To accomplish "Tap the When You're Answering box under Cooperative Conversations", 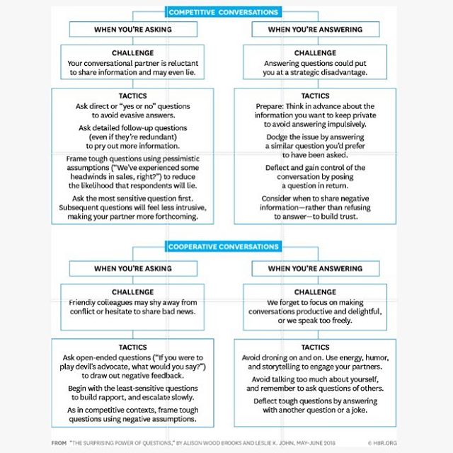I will click(x=315, y=269).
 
